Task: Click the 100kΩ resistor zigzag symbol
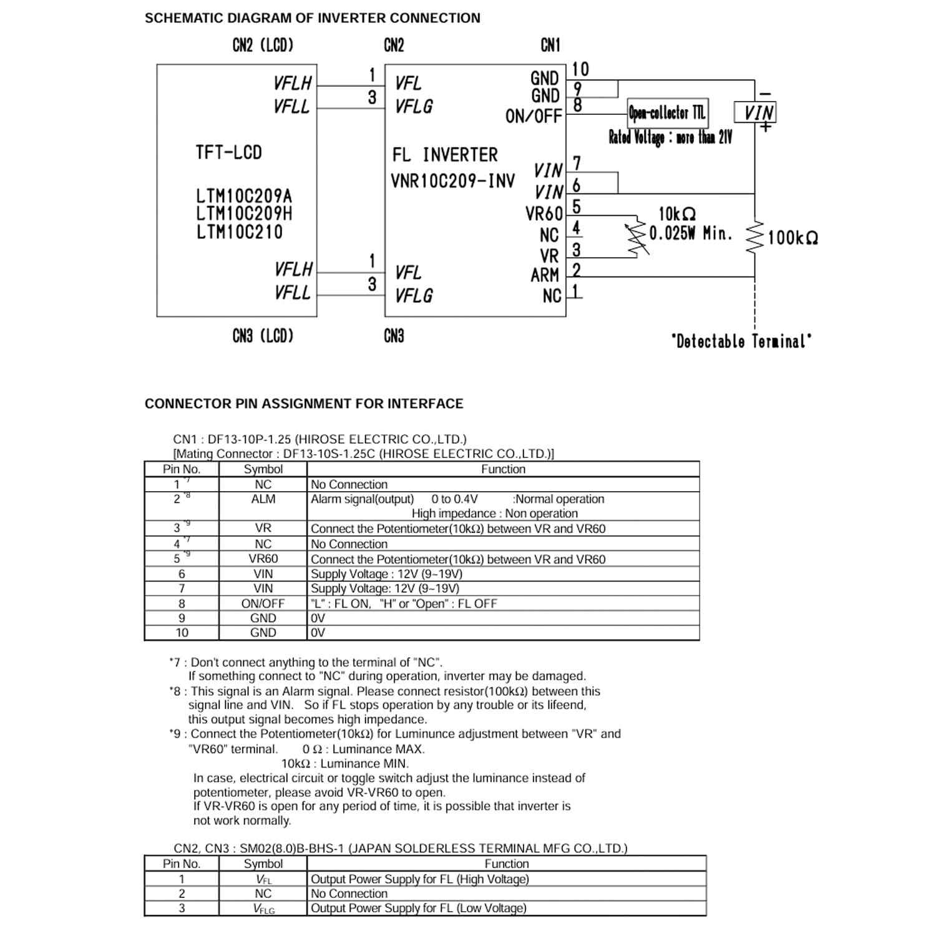[755, 237]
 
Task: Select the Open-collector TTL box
[666, 113]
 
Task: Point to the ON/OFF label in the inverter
[534, 116]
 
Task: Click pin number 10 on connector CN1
[580, 69]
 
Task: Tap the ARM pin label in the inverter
[545, 275]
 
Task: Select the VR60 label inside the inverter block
[544, 214]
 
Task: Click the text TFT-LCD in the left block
[228, 152]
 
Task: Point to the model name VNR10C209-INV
[452, 181]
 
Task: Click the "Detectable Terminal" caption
[741, 341]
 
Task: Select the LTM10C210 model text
[239, 232]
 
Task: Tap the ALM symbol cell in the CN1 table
[263, 499]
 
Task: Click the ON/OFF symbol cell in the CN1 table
[263, 603]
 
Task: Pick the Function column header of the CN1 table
[503, 469]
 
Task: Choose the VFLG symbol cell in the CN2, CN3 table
[263, 909]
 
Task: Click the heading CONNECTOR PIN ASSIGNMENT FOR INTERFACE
[304, 404]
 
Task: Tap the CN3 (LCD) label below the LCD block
[263, 336]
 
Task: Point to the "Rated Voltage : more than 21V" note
[670, 137]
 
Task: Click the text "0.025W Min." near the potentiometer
[690, 233]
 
